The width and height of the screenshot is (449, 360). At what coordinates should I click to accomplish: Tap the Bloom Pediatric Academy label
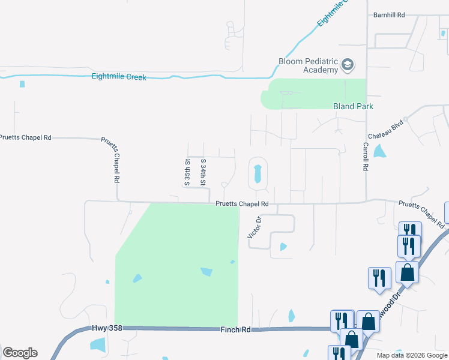click(x=309, y=65)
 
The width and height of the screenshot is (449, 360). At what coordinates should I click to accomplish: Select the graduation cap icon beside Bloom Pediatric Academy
click(x=348, y=64)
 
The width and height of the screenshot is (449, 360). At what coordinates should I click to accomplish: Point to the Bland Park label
click(x=353, y=106)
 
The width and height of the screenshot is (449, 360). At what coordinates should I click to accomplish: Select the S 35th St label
click(x=187, y=172)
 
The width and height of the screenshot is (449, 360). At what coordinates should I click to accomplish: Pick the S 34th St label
click(x=203, y=172)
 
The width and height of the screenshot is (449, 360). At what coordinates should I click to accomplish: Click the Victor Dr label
click(x=252, y=227)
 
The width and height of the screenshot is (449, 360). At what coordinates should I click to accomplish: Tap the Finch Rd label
click(x=238, y=330)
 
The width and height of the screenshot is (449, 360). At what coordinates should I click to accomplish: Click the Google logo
click(x=20, y=353)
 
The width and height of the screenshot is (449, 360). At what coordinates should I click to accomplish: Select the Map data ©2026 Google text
click(x=412, y=355)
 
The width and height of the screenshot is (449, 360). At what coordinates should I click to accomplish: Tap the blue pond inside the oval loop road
click(x=258, y=174)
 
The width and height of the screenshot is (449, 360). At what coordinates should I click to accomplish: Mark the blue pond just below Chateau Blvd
click(x=380, y=151)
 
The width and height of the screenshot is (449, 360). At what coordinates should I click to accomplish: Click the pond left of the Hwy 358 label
click(x=97, y=344)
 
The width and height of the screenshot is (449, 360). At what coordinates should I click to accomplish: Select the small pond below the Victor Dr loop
click(x=283, y=246)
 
